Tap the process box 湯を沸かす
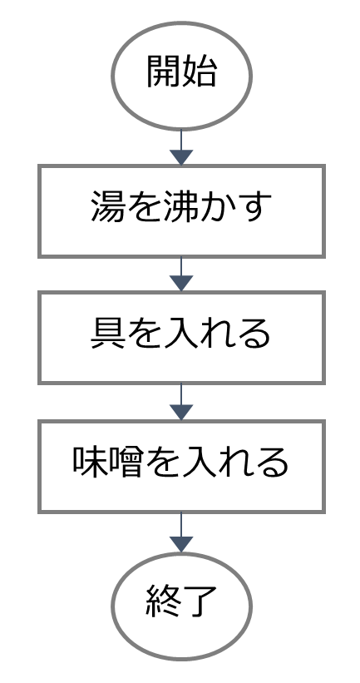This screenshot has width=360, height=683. (x=181, y=211)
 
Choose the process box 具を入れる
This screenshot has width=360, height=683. (x=181, y=338)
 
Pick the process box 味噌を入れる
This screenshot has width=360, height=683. (x=181, y=467)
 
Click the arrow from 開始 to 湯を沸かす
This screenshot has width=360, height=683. (x=181, y=147)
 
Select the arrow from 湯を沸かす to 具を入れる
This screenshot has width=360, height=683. (x=181, y=275)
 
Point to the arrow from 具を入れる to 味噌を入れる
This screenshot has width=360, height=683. (x=181, y=402)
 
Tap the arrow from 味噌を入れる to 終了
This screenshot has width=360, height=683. (x=181, y=532)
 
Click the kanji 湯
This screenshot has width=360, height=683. (x=107, y=206)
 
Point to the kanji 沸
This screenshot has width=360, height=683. (x=180, y=206)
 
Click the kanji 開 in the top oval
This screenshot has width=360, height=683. (x=163, y=72)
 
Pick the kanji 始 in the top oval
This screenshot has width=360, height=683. (x=199, y=72)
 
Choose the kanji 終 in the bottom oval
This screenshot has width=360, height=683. (x=163, y=601)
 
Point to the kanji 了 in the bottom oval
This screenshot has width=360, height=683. (x=200, y=601)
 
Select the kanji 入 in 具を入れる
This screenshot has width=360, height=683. (x=180, y=334)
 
